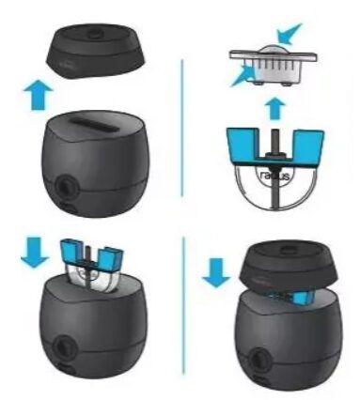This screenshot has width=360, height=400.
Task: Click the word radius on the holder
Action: pyautogui.click(x=274, y=176)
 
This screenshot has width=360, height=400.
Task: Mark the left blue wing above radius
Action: pyautogui.click(x=243, y=151)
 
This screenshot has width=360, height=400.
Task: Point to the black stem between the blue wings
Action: pyautogui.click(x=274, y=141)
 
